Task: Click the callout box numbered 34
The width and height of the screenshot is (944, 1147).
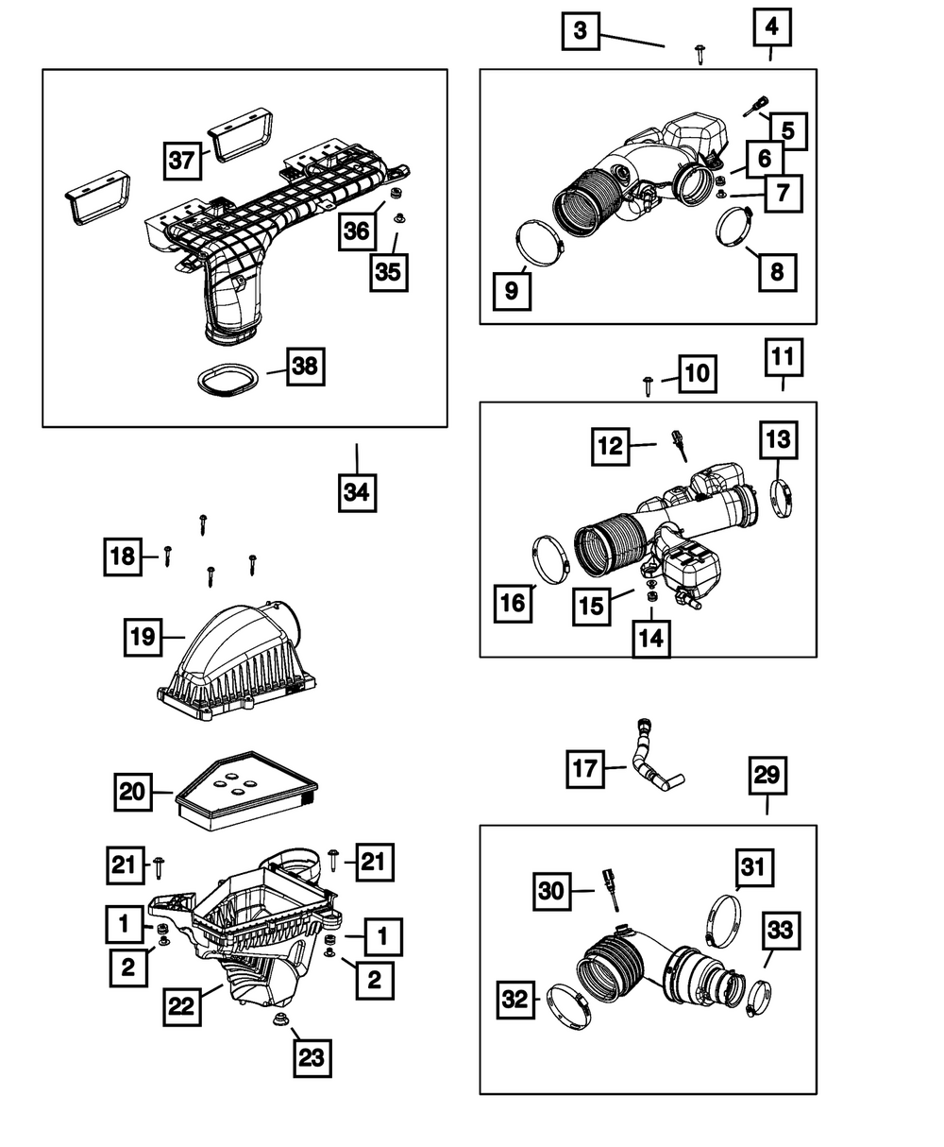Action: click(357, 492)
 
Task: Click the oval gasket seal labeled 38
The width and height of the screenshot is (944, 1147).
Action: click(229, 378)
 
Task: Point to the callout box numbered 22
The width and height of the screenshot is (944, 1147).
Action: click(181, 1006)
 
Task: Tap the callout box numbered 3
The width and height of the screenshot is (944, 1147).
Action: click(580, 31)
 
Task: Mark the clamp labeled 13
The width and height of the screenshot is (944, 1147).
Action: click(783, 499)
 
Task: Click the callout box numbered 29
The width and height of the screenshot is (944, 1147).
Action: click(767, 777)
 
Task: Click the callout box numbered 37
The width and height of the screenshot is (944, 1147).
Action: click(183, 160)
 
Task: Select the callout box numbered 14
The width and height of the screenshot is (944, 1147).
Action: click(651, 639)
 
